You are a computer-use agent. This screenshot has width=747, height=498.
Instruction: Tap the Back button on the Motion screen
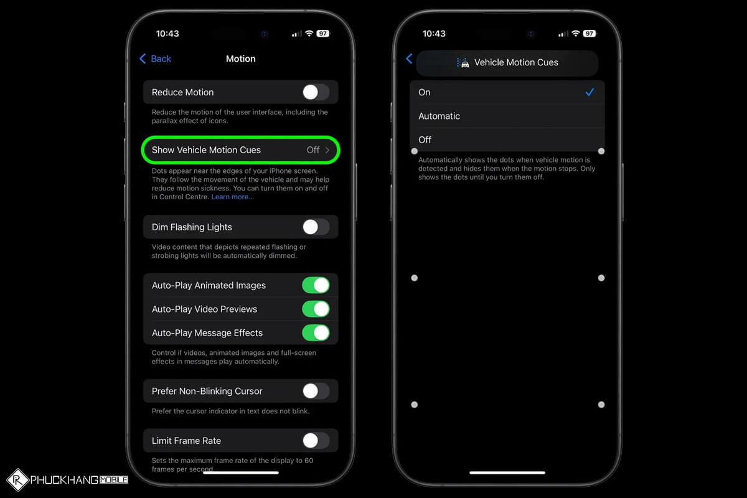155,59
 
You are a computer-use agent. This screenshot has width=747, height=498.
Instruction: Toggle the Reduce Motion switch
316,92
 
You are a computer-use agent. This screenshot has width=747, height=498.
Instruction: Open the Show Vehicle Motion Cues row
240,150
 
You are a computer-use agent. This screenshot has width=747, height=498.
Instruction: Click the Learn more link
232,197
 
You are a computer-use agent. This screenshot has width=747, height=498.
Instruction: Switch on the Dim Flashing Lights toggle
316,227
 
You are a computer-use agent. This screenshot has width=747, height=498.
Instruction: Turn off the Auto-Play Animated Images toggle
316,285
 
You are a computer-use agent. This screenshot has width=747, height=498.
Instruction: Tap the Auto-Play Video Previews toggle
316,309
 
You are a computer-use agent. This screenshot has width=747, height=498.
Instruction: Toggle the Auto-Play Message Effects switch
316,332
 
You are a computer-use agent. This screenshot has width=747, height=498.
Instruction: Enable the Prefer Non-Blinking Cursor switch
316,391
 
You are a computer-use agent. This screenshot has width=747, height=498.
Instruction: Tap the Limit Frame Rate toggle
316,441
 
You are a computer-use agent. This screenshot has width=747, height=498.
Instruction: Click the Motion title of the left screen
240,59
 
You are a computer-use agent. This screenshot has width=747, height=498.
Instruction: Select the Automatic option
439,116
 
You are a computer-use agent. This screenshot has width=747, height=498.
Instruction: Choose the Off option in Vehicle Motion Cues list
425,139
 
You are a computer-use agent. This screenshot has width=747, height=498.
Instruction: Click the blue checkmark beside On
590,92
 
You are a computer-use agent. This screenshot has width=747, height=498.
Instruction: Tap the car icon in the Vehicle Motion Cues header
463,62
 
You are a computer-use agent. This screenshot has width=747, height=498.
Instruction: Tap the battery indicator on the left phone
322,34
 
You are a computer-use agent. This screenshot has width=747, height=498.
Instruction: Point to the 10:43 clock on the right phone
435,34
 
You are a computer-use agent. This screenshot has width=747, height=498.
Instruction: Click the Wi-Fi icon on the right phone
576,34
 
